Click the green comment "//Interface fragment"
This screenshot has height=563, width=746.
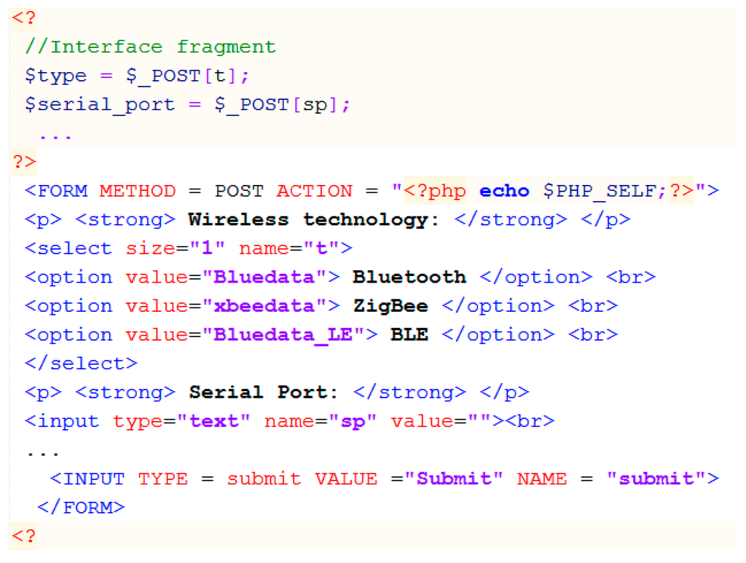pos(150,47)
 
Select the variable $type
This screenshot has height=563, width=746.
pos(55,76)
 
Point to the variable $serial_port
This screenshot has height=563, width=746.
pos(100,105)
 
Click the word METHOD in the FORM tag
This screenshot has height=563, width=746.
pos(138,191)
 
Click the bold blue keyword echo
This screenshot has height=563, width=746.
pos(504,191)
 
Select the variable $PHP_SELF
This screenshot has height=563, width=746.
pos(600,191)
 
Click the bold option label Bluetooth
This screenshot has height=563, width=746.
pos(409,277)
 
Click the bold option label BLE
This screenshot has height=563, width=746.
pos(409,335)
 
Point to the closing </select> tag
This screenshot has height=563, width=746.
pos(81,363)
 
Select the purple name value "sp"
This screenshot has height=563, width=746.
pos(352,421)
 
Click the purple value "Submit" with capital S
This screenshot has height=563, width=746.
pos(460,479)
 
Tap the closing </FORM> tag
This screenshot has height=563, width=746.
pos(81,508)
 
